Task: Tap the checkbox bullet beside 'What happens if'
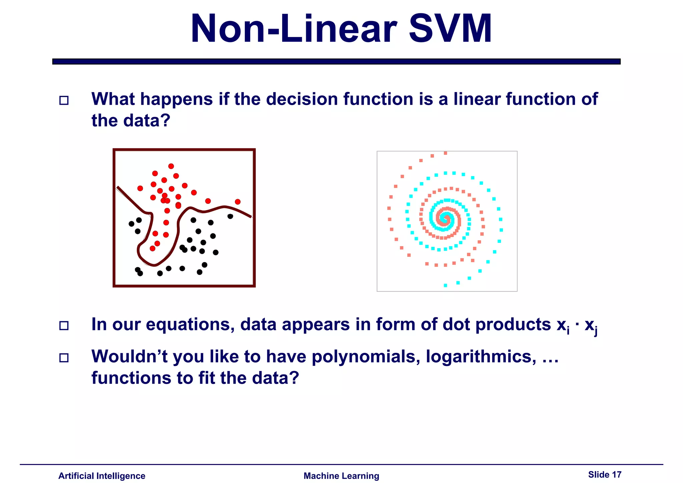64,100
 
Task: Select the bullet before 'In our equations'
64,326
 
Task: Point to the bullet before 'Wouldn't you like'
64,358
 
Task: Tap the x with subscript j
590,326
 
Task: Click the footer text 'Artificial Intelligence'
102,476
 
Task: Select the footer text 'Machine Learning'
341,476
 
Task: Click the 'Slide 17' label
605,475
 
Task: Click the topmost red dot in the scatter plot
171,166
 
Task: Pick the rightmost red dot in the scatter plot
238,202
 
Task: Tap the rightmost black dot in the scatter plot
230,216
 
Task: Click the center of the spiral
445,219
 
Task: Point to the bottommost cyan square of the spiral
446,286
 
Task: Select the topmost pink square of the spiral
446,153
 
